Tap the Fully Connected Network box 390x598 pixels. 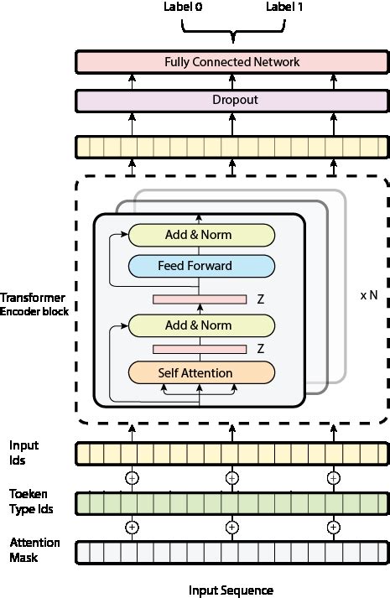[x=231, y=62]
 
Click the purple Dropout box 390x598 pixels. [x=231, y=100]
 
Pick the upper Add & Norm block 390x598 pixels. [x=200, y=235]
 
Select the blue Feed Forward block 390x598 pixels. [x=200, y=266]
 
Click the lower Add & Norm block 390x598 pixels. [x=200, y=325]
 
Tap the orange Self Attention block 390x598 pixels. [x=200, y=372]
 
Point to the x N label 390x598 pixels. [x=368, y=296]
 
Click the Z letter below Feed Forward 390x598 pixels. [x=261, y=298]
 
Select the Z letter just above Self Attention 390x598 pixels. [x=261, y=347]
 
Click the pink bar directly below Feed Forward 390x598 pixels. [x=199, y=299]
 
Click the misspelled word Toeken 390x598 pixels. [x=27, y=494]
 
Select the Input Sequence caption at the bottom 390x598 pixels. [x=231, y=590]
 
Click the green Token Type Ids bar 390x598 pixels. [x=231, y=502]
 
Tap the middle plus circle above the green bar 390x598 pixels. [x=232, y=477]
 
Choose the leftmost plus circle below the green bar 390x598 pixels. [x=131, y=528]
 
